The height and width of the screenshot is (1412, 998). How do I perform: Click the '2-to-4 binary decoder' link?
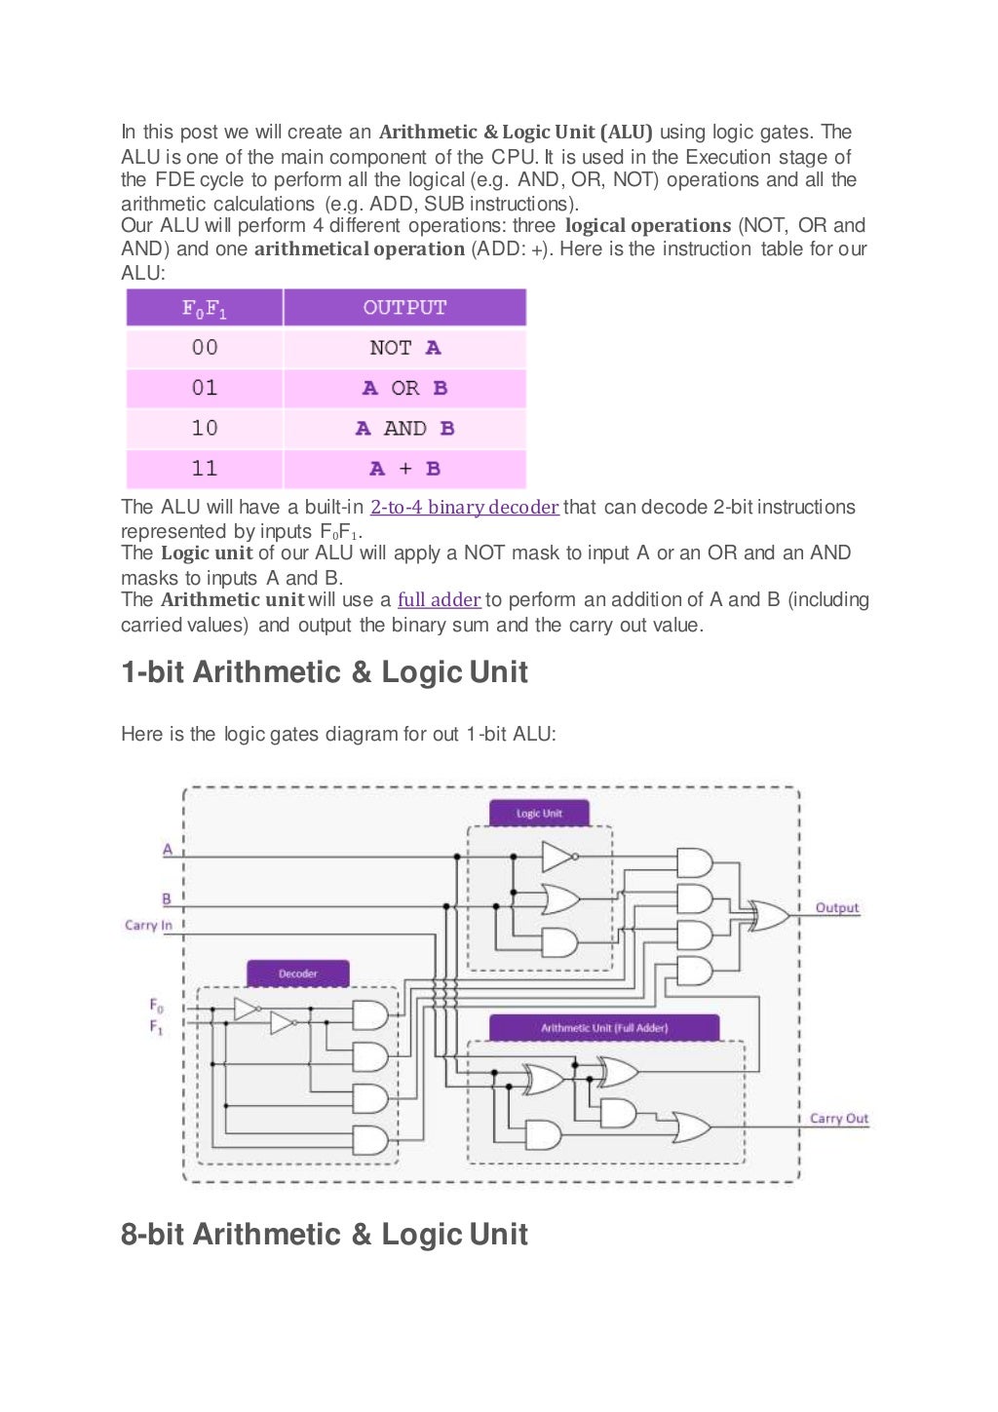[x=464, y=508]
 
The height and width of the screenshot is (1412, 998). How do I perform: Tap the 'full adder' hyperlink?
[x=439, y=600]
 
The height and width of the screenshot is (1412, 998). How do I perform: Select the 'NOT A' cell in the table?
[x=404, y=348]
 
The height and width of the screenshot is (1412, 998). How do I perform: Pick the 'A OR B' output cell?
[x=404, y=388]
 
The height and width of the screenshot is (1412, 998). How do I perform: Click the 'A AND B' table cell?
[x=404, y=429]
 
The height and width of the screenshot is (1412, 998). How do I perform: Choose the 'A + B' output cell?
[x=404, y=469]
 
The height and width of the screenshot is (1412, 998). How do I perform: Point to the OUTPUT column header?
[x=404, y=308]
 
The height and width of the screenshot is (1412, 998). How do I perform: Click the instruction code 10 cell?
[x=205, y=429]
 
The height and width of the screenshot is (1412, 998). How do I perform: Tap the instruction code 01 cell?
[x=205, y=388]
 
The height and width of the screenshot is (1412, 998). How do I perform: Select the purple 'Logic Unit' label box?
[x=539, y=813]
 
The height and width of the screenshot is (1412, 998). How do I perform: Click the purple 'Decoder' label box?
[x=297, y=973]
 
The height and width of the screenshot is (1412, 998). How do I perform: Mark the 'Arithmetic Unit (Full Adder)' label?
[x=604, y=1027]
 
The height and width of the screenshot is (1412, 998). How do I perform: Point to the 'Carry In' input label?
[x=148, y=925]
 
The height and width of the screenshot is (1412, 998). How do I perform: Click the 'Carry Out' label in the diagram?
[x=838, y=1118]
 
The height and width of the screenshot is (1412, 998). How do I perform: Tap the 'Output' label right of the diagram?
[x=837, y=907]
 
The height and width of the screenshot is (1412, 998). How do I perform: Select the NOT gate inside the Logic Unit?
[x=557, y=857]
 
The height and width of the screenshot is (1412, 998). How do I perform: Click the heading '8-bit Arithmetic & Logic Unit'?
[x=325, y=1235]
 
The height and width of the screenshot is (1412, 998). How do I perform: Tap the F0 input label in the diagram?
[x=157, y=1005]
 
